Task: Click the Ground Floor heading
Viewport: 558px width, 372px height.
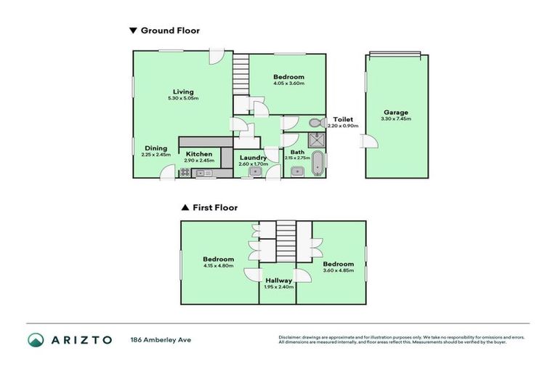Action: click(169, 31)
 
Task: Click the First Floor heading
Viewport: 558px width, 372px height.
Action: click(215, 207)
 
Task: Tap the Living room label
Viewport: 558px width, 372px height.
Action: click(182, 92)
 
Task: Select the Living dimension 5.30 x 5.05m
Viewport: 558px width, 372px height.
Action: click(182, 98)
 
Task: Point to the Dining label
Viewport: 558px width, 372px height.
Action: click(155, 148)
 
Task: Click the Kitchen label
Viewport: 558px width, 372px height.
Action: click(198, 154)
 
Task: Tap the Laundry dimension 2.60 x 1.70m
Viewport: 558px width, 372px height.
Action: click(253, 164)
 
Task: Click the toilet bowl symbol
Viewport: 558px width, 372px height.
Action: click(315, 123)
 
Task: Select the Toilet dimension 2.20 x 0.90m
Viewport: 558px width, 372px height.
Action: click(342, 126)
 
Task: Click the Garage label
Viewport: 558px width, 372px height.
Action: click(396, 113)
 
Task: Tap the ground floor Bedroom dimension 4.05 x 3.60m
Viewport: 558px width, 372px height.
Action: click(288, 84)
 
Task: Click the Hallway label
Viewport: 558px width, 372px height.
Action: click(278, 280)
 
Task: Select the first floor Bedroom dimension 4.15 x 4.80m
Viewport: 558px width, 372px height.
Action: click(218, 266)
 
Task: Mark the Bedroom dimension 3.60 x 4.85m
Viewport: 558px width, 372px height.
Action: click(338, 270)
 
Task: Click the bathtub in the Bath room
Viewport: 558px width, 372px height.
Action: click(316, 164)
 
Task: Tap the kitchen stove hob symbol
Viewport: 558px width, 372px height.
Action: click(185, 173)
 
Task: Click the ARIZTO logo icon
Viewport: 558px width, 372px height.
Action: click(36, 340)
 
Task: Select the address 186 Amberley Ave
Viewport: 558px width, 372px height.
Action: click(161, 340)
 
